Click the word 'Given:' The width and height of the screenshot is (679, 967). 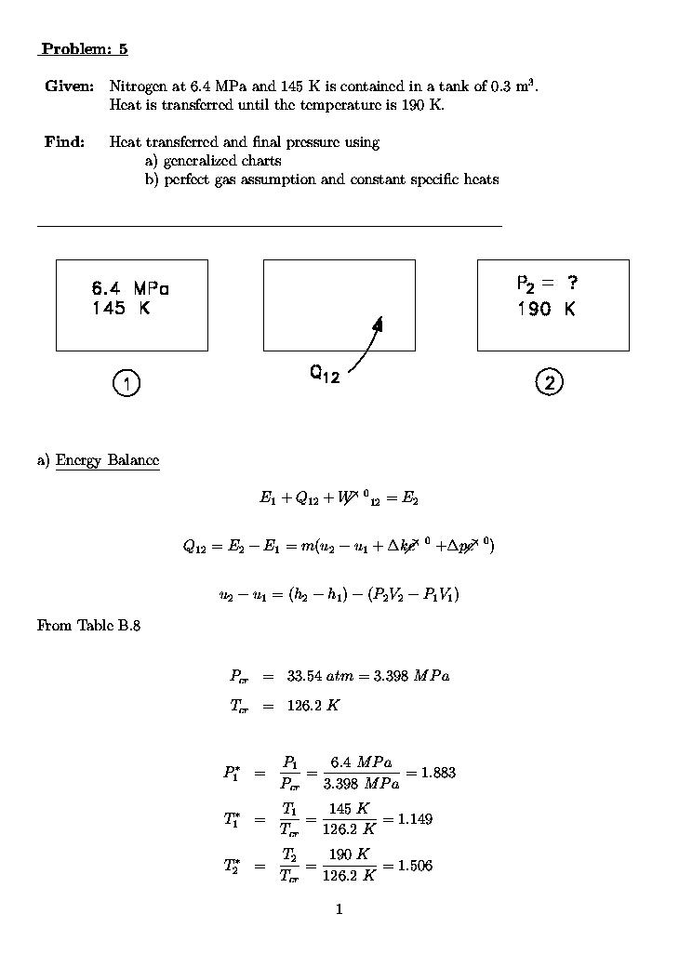(69, 86)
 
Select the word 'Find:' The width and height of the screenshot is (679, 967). (64, 142)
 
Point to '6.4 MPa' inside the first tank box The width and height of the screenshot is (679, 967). (130, 288)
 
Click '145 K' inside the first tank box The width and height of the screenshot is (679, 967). (120, 309)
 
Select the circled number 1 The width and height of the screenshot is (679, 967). (126, 382)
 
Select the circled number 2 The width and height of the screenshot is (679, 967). (550, 382)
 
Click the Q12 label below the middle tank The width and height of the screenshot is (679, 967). (326, 374)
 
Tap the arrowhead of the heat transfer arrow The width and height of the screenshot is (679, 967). (379, 323)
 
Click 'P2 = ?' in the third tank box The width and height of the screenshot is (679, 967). (548, 284)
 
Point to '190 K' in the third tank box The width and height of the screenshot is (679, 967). (547, 309)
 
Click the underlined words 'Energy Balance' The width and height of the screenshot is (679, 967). (107, 460)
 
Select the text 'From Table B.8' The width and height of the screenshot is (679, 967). (88, 626)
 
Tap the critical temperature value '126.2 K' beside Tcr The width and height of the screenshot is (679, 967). (313, 706)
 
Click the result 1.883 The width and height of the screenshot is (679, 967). (438, 773)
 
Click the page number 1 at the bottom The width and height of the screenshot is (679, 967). (339, 909)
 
